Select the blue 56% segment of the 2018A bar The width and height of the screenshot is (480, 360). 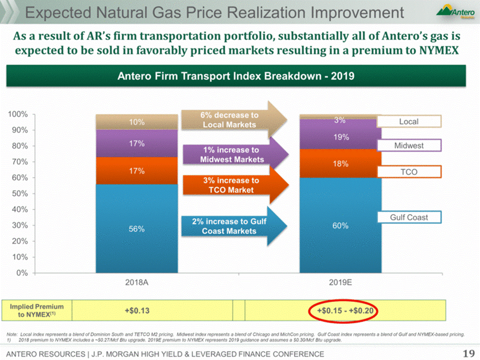click(x=137, y=229)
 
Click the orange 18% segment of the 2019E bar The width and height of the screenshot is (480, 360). click(x=340, y=163)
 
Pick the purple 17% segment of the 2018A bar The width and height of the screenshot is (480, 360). click(x=137, y=143)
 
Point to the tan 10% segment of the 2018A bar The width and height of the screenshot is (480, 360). click(x=137, y=122)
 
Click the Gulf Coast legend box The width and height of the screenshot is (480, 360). click(x=409, y=218)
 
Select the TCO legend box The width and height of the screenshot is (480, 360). click(x=409, y=172)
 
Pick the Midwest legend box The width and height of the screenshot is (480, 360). click(x=409, y=145)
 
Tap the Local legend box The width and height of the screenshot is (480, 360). click(x=409, y=121)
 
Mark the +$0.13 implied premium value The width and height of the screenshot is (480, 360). click(x=137, y=311)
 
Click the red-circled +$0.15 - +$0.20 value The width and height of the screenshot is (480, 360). click(x=343, y=311)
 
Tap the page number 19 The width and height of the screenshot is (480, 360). click(x=468, y=353)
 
